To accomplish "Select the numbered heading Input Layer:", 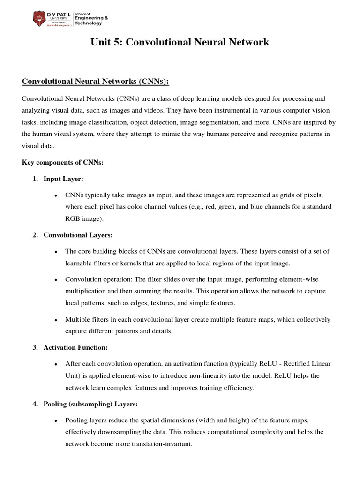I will click(63, 179).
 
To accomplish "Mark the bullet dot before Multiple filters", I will click(56, 320).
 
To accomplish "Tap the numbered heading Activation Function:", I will click(75, 347).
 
